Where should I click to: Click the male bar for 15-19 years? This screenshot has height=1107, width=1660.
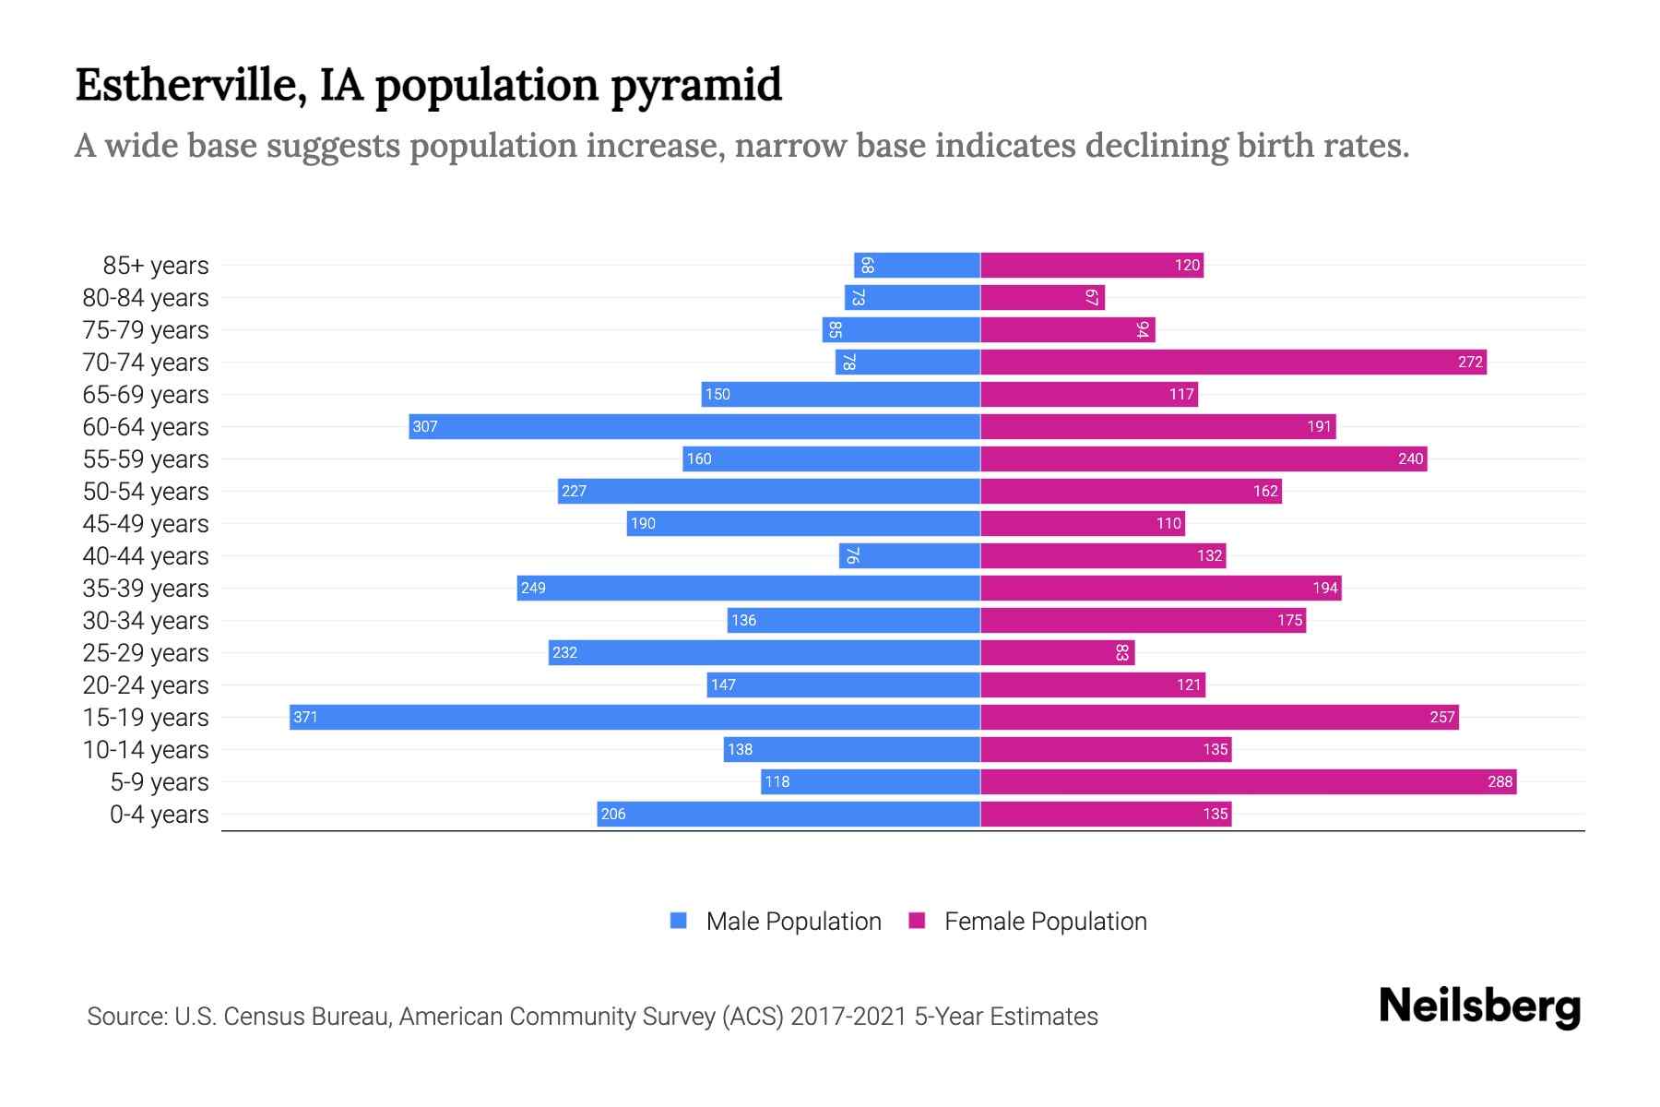(x=634, y=717)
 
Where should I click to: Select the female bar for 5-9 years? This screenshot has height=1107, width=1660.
(x=1248, y=781)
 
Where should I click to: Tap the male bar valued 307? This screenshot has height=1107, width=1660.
(x=694, y=426)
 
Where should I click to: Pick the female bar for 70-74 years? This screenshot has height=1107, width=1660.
(x=1233, y=362)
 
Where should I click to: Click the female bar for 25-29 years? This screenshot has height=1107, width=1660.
(x=1057, y=652)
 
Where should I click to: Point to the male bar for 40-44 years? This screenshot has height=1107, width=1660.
(x=909, y=555)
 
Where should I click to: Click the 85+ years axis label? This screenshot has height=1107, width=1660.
(x=155, y=266)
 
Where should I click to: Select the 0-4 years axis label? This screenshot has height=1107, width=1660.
(x=159, y=815)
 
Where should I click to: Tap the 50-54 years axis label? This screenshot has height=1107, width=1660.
(x=146, y=492)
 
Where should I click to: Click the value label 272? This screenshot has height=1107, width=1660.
(x=1470, y=362)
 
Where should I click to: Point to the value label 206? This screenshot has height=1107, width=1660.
(x=613, y=814)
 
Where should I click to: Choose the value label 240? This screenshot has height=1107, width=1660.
(x=1410, y=458)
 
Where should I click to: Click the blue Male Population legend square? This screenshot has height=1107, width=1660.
(x=679, y=921)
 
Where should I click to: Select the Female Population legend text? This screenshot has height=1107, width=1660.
(x=1045, y=922)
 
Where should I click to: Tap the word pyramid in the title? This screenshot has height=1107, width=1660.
(x=696, y=86)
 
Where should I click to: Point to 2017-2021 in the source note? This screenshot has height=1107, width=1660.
(x=848, y=1017)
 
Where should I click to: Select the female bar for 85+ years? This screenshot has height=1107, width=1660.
(x=1092, y=265)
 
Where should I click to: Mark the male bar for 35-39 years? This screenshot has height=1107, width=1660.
(x=748, y=588)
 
